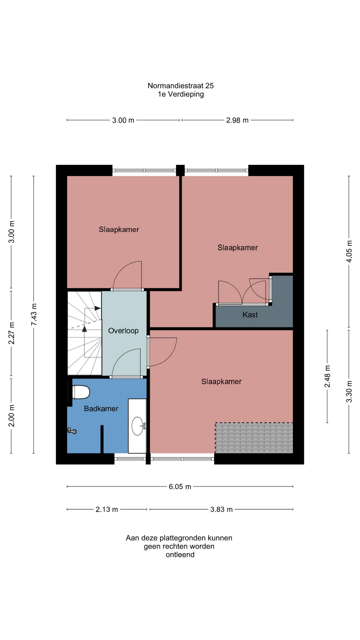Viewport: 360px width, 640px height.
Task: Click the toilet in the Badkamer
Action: tap(81, 392)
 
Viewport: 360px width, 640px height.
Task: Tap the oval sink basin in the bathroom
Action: tap(138, 426)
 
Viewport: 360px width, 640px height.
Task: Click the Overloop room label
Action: tap(123, 331)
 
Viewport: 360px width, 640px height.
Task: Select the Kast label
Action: tap(250, 315)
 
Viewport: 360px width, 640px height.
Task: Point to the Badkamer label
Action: tap(101, 409)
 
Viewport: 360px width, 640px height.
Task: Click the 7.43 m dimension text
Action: tap(34, 315)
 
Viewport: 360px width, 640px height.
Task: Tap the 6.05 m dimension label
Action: tap(180, 487)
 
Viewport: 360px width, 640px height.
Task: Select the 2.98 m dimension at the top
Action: tap(237, 120)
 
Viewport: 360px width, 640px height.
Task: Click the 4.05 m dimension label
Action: tap(349, 251)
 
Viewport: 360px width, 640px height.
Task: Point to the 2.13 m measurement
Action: tap(107, 509)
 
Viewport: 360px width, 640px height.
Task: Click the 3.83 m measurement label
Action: tap(221, 509)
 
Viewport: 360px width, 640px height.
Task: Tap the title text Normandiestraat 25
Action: tap(181, 86)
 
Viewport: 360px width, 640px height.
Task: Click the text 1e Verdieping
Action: tap(181, 94)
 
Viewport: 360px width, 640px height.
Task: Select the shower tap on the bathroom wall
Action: tap(72, 431)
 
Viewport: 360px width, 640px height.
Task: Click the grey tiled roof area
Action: tap(254, 438)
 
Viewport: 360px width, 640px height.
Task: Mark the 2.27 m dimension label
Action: tap(11, 333)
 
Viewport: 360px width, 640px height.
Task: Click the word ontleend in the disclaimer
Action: tap(180, 555)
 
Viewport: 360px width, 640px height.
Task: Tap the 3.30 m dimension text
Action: tap(349, 391)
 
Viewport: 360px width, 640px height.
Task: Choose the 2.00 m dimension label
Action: tap(11, 416)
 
